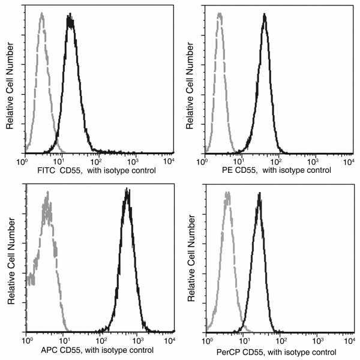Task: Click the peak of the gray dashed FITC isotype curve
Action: point(41,14)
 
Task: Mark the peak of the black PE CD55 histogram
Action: point(264,15)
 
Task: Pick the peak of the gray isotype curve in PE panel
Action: point(220,14)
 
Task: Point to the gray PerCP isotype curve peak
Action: point(227,193)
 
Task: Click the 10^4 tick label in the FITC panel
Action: point(169,161)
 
